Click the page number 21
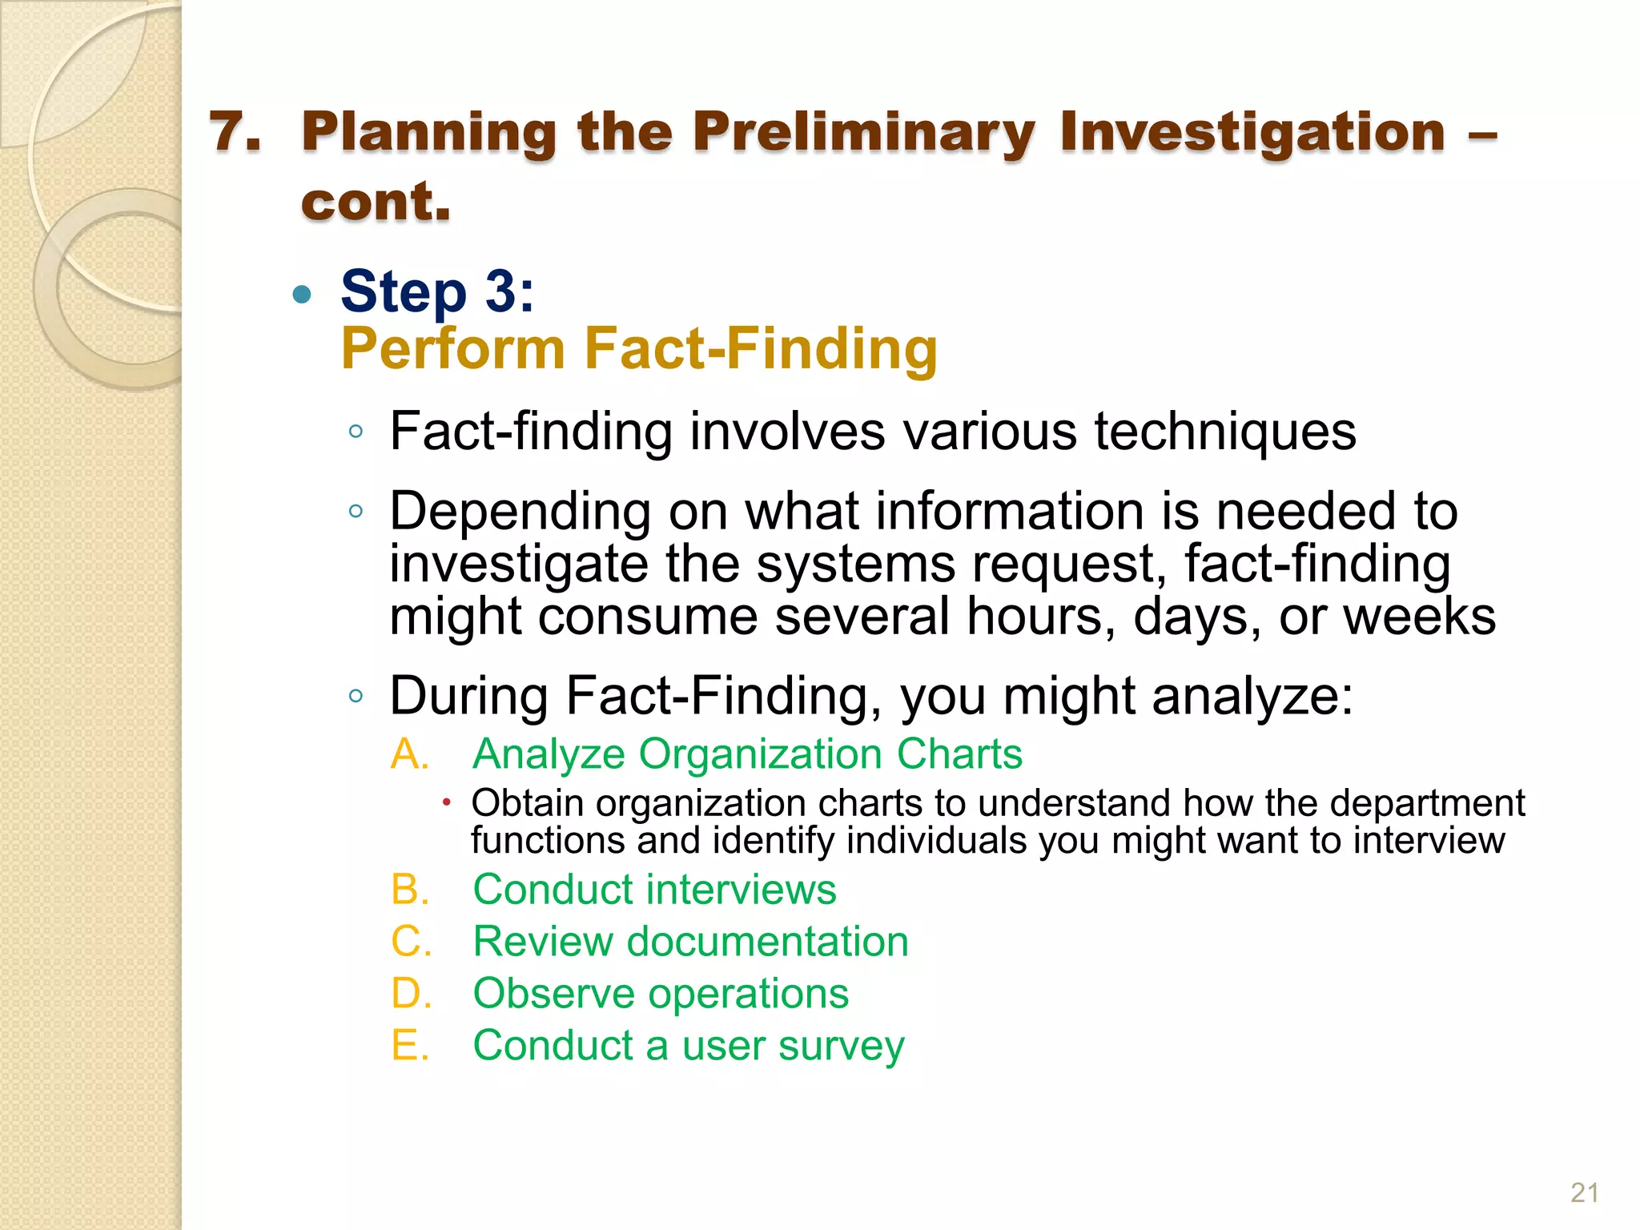pos(1584,1192)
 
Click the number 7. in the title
pos(235,131)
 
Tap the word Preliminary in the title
pos(863,133)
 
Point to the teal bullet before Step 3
pos(302,295)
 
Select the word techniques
pos(1224,432)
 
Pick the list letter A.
pos(409,754)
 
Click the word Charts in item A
pos(959,754)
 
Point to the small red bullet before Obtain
pos(447,802)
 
